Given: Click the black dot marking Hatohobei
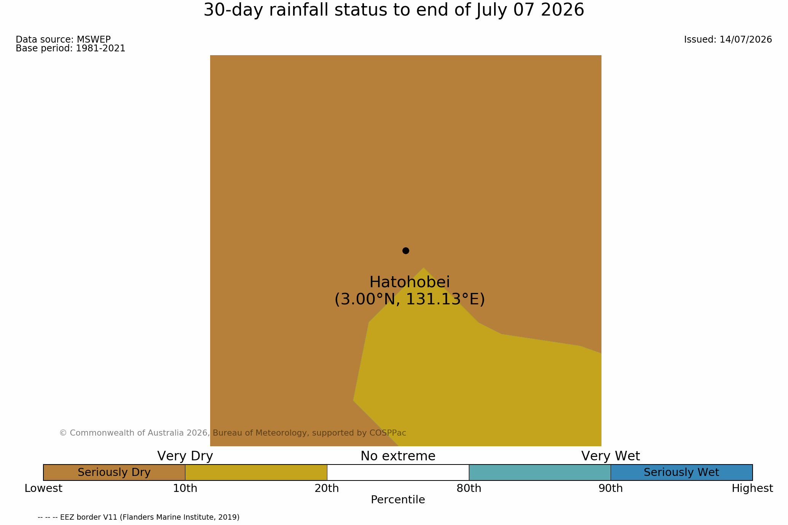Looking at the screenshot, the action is [x=406, y=251].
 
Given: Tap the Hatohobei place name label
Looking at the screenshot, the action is [x=410, y=282].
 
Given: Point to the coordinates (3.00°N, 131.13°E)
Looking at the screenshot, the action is [x=410, y=299].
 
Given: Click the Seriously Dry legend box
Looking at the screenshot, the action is [x=114, y=473].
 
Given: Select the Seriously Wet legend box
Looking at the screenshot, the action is [x=681, y=473].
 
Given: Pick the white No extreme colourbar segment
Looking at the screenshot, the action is [x=398, y=473].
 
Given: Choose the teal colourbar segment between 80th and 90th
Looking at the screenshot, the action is [x=540, y=473].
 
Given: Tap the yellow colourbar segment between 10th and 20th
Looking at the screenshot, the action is [x=256, y=473].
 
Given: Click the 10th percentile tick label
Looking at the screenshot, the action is [x=185, y=488].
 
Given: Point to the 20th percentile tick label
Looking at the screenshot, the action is [x=327, y=488].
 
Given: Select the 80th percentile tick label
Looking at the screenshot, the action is [x=469, y=488].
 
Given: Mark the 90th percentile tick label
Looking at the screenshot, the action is [x=611, y=488].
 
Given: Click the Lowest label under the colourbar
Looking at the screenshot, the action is [x=43, y=488].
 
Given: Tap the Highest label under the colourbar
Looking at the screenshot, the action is [x=752, y=488].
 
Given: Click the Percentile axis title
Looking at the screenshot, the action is [x=398, y=500].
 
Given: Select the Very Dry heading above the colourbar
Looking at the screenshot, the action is [x=185, y=456].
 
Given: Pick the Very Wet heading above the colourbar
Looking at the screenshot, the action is [x=611, y=456].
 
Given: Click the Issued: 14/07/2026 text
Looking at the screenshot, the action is [x=728, y=40].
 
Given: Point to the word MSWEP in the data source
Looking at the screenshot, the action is [x=94, y=40].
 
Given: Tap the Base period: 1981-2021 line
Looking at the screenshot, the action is [x=70, y=49].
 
